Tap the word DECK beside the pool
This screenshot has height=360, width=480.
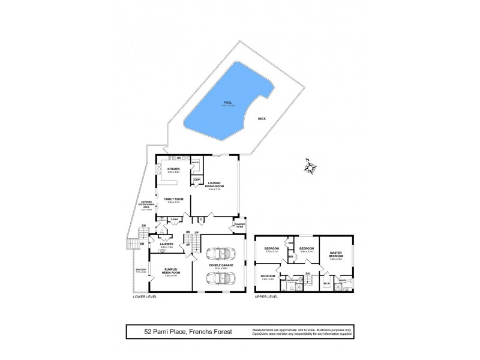pyautogui.click(x=261, y=118)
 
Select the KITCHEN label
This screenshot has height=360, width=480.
pyautogui.click(x=174, y=169)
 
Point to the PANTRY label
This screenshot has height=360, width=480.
pyautogui.click(x=195, y=163)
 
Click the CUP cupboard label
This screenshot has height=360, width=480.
pyautogui.click(x=197, y=179)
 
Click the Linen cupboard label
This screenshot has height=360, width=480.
pyautogui.click(x=175, y=220)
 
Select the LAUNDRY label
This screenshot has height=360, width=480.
pyautogui.click(x=167, y=244)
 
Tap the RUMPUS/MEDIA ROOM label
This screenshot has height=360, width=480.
pyautogui.click(x=166, y=273)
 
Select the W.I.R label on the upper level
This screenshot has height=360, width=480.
pyautogui.click(x=327, y=283)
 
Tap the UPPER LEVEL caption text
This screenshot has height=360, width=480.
pyautogui.click(x=268, y=297)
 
